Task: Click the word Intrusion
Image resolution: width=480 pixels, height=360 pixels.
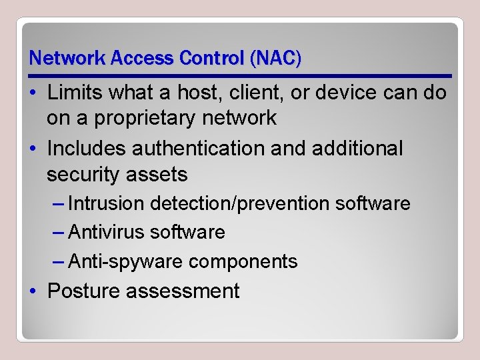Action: [107, 203]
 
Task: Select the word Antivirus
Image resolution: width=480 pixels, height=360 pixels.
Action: [107, 233]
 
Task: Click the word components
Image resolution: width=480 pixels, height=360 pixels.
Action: [243, 261]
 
